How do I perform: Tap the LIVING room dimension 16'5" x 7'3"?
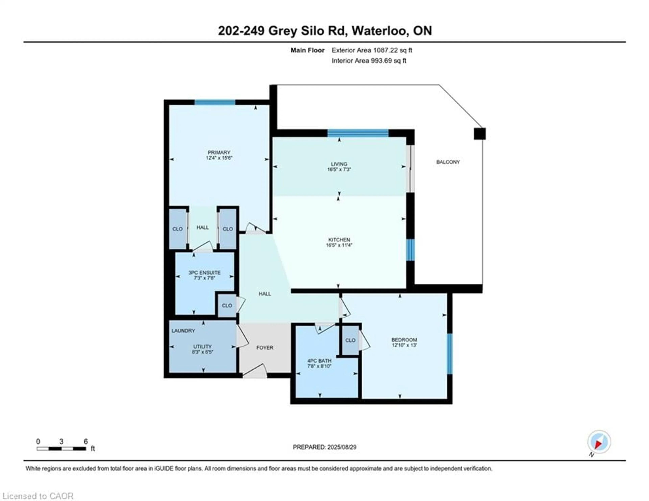(339, 169)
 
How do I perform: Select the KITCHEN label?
(339, 240)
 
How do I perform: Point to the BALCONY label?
(448, 162)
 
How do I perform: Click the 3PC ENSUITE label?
(205, 272)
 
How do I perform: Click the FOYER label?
(265, 347)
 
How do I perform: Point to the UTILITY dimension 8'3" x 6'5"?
(202, 352)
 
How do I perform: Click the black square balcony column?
(480, 134)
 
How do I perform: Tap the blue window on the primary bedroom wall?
(215, 102)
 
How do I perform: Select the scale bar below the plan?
(62, 448)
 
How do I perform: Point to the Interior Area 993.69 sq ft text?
(369, 61)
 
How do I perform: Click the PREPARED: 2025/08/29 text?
(324, 447)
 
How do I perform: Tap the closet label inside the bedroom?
(350, 340)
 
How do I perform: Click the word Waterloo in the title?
(379, 31)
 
